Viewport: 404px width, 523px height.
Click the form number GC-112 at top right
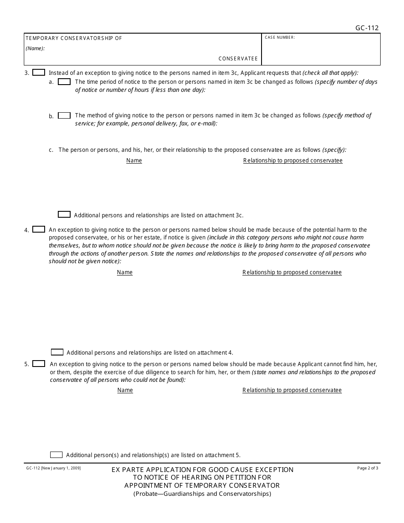(367, 28)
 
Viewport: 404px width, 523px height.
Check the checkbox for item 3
(39, 73)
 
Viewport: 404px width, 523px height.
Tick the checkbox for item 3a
(64, 82)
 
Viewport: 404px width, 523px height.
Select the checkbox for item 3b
(64, 116)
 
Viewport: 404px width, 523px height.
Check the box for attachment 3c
(64, 215)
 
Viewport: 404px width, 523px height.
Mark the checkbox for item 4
(39, 230)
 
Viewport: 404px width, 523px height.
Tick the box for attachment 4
(57, 352)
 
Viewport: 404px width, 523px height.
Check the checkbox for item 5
(39, 364)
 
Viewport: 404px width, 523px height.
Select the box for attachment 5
(56, 455)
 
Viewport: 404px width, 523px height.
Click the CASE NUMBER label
(280, 37)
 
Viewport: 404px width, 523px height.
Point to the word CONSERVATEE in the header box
(238, 59)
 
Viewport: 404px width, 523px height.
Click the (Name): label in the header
(35, 48)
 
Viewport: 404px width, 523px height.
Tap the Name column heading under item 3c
(134, 161)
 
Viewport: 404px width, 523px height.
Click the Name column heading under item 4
(125, 273)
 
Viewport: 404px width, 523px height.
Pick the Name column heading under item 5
(125, 390)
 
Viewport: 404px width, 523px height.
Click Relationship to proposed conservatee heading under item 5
(292, 390)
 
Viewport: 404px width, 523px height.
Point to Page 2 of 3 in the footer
(367, 468)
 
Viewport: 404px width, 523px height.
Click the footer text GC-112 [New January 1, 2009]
(53, 468)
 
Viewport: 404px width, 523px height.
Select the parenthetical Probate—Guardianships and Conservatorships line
(202, 494)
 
